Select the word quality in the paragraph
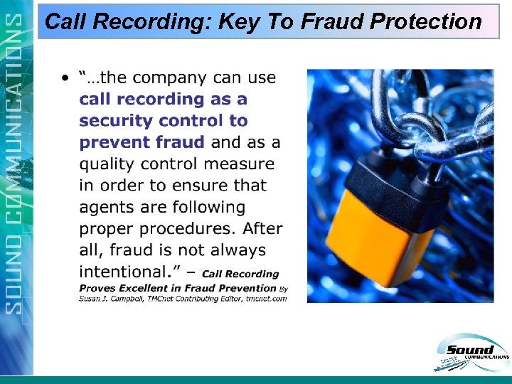coord(107,164)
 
